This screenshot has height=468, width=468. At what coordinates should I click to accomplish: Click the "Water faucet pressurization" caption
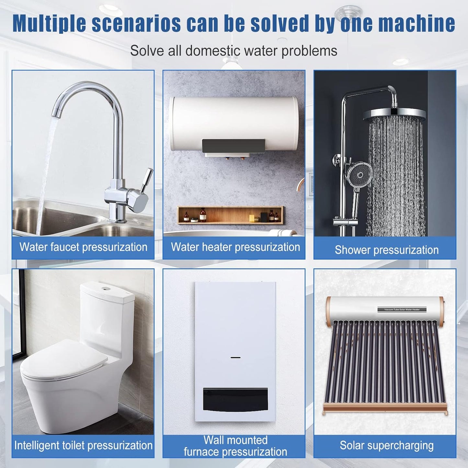83,247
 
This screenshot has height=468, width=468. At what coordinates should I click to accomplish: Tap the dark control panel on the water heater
233,146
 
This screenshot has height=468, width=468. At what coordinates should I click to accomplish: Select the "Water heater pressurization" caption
235,247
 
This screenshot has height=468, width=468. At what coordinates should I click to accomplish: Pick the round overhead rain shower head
394,114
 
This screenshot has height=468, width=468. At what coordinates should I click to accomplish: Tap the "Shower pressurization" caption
387,250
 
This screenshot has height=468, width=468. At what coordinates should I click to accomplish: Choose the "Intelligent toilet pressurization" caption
83,445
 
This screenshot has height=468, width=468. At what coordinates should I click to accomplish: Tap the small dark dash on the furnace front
235,358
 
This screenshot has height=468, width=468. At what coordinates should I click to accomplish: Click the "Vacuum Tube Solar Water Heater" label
402,310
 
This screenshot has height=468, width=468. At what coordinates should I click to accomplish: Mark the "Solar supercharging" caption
387,445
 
